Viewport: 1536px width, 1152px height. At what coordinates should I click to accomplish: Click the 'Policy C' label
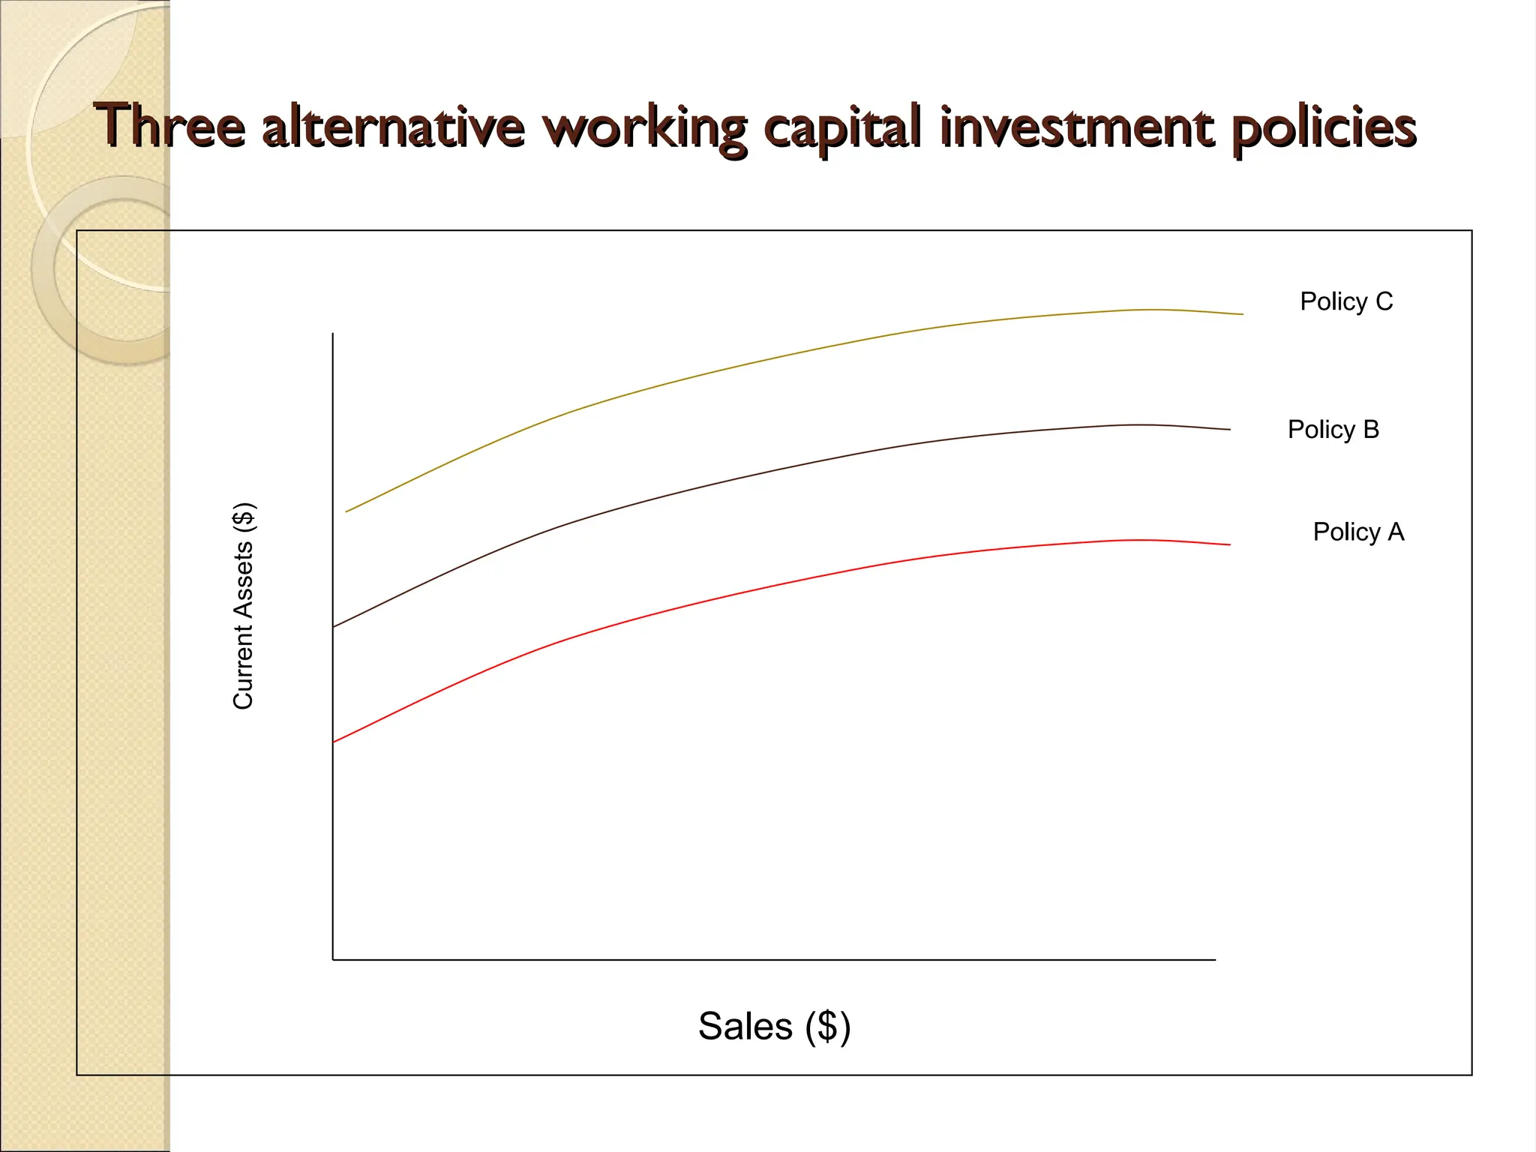(1346, 301)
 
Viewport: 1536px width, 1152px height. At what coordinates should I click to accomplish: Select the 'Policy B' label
(1333, 430)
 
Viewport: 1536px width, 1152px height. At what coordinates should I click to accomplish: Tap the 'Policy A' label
(1358, 532)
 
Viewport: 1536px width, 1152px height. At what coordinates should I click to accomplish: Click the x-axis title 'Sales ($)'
(774, 1026)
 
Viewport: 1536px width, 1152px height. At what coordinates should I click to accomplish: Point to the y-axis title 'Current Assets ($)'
(244, 606)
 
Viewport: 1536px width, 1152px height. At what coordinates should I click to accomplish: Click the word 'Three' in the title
(169, 126)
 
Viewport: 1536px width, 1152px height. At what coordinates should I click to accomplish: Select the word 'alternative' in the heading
(393, 126)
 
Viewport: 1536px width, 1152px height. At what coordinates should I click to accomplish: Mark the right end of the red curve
(1229, 544)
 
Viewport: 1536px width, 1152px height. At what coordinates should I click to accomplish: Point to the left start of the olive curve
(347, 511)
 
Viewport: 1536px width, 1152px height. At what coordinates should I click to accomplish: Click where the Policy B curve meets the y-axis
(334, 626)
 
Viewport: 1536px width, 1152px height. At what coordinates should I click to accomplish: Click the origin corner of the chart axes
(333, 959)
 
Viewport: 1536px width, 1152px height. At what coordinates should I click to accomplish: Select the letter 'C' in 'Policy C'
(1384, 301)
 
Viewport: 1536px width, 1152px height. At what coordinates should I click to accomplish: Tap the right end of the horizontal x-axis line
(1214, 959)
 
